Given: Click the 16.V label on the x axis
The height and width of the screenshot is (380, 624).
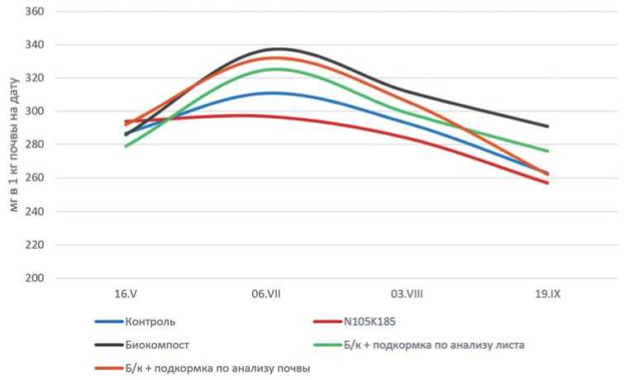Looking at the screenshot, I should (126, 295).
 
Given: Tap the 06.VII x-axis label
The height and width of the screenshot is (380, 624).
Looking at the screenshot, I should (266, 295).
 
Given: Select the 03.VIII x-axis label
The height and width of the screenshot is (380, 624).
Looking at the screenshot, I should (407, 295).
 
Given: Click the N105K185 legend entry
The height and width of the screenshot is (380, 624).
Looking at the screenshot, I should (368, 321).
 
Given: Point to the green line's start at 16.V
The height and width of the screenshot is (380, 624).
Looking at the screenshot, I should (126, 146).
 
